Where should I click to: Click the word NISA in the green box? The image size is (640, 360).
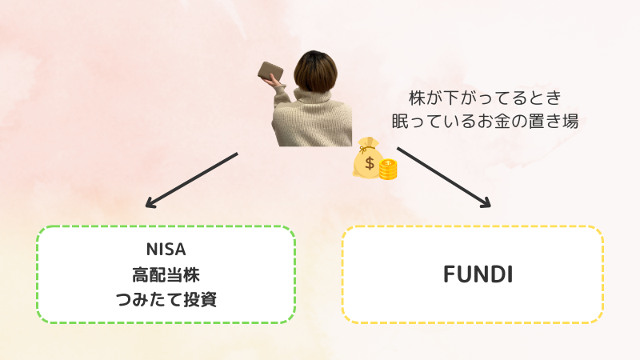[166, 250]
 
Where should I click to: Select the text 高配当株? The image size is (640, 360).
[166, 275]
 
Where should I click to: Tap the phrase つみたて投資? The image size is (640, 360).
[166, 299]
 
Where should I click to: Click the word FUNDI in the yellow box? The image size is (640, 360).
[478, 274]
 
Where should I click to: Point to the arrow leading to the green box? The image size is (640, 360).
[191, 180]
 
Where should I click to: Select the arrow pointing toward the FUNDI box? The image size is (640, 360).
[444, 177]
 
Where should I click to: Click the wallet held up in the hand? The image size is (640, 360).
[270, 70]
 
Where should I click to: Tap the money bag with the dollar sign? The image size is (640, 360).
[368, 158]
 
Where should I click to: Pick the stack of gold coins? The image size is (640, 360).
[388, 170]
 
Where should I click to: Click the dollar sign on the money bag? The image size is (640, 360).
[370, 163]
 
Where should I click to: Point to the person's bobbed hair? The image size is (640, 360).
[315, 71]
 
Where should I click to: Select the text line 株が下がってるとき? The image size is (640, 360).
[486, 98]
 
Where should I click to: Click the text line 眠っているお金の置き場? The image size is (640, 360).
[486, 122]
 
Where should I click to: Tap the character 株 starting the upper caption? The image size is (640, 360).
[417, 98]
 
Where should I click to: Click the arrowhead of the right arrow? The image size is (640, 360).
[486, 203]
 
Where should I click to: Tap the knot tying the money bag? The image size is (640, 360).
[362, 150]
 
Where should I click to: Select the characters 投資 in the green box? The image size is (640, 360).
[200, 299]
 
